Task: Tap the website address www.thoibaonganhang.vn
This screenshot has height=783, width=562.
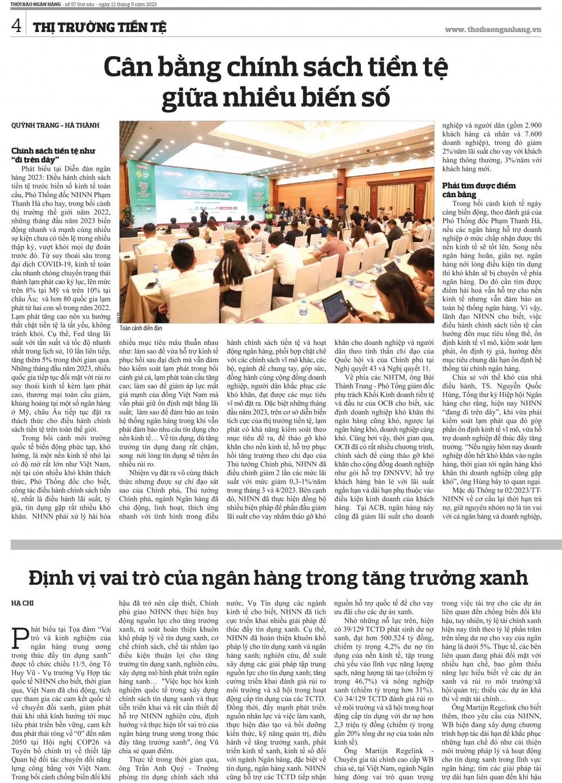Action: click(x=492, y=29)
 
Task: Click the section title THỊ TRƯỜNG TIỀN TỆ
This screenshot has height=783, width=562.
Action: click(x=99, y=27)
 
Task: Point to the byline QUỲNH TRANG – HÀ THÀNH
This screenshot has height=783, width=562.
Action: click(x=55, y=125)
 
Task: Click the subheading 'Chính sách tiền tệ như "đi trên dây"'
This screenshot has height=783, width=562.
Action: click(x=53, y=155)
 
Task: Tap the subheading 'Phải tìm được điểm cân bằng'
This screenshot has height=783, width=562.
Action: click(x=478, y=190)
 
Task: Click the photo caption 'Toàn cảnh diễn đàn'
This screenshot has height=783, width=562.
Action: click(x=140, y=328)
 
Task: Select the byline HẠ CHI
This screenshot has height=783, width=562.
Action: click(x=22, y=603)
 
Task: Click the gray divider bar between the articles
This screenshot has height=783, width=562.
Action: click(x=281, y=544)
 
